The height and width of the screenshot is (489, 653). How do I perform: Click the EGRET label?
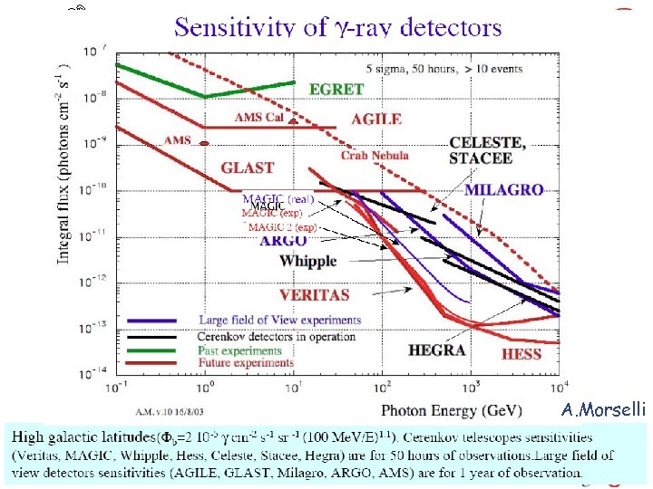coord(336,90)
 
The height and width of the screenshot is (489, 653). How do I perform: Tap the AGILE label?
coord(375,119)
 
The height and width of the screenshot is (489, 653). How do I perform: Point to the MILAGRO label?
coord(503,190)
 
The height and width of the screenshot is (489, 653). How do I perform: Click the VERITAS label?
coord(314,294)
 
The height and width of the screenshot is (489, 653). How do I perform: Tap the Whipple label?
coord(307,261)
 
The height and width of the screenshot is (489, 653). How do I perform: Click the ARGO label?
coord(282,241)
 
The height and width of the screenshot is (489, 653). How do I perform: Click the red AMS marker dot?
coord(205,143)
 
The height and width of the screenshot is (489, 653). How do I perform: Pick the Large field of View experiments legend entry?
coord(279,320)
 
